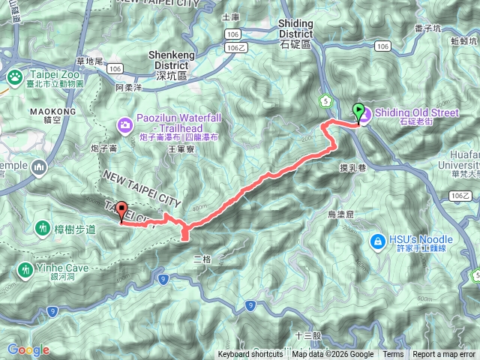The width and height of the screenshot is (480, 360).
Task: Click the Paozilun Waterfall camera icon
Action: [x=125, y=124]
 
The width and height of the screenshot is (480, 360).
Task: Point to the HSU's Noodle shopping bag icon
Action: [x=376, y=241]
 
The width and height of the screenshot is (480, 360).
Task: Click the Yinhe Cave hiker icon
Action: [x=25, y=268]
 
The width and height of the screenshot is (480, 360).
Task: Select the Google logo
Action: [x=28, y=349]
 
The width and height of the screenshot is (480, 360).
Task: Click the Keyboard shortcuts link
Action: [x=250, y=354]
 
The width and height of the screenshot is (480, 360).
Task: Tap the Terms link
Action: [x=393, y=354]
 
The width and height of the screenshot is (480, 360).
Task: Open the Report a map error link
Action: [x=444, y=354]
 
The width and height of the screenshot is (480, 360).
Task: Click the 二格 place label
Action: [x=203, y=259]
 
